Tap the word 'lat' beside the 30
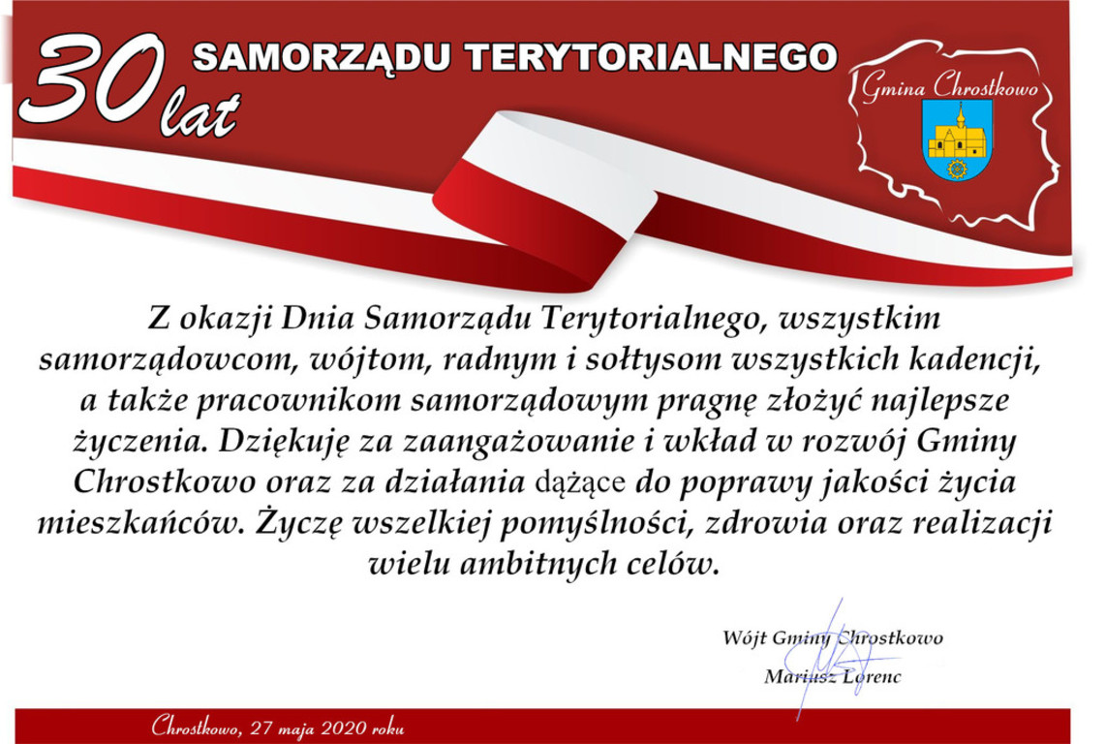click(x=200, y=112)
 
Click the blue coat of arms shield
click(x=957, y=139)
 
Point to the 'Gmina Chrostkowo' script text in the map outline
click(x=949, y=87)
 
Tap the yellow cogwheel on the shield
click(x=957, y=169)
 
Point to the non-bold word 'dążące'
click(x=581, y=483)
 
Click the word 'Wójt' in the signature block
click(x=744, y=638)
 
